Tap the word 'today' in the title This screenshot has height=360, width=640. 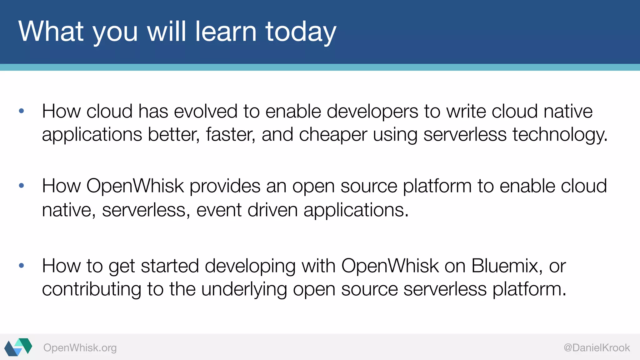301,32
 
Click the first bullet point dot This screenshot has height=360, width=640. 22,111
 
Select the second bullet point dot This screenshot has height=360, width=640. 22,186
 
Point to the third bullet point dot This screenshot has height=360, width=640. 22,266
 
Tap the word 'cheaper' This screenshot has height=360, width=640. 333,135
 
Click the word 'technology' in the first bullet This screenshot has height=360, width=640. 559,135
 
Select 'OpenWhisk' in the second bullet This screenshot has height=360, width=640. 135,186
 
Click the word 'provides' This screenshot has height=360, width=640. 225,186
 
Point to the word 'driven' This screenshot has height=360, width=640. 272,210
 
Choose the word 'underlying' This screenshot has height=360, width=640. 244,289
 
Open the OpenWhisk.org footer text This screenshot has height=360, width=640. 80,348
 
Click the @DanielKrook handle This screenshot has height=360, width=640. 597,348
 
